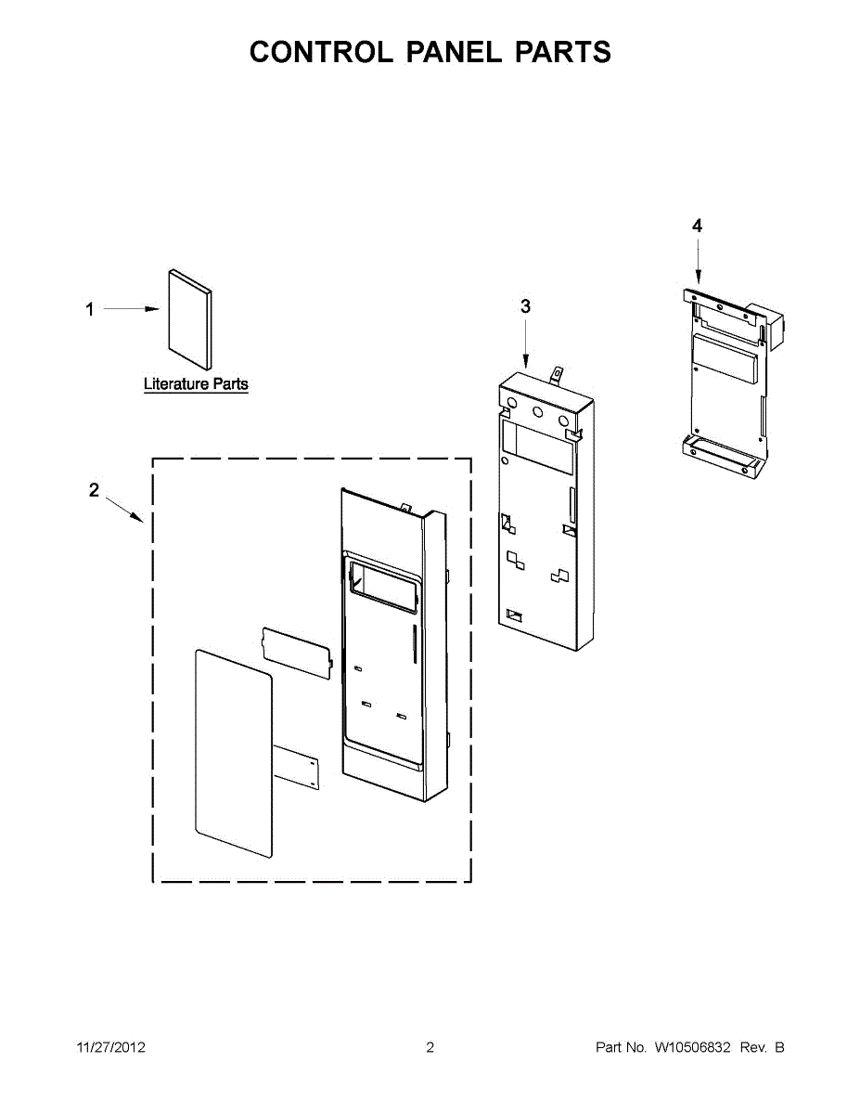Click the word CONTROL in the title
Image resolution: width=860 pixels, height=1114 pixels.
click(320, 52)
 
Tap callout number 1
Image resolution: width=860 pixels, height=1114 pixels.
click(90, 309)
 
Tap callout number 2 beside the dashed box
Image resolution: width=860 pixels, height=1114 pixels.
click(94, 490)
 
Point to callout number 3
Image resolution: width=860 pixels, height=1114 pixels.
click(525, 306)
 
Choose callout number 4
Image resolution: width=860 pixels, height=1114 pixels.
click(697, 226)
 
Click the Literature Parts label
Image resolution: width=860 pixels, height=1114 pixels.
click(196, 383)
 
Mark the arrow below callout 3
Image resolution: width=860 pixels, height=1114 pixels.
click(525, 343)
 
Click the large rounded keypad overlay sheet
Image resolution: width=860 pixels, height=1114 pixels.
click(233, 753)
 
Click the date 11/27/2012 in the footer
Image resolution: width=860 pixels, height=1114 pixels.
click(110, 1047)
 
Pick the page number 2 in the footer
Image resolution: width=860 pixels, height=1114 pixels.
click(430, 1047)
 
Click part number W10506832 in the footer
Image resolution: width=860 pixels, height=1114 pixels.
click(693, 1047)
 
